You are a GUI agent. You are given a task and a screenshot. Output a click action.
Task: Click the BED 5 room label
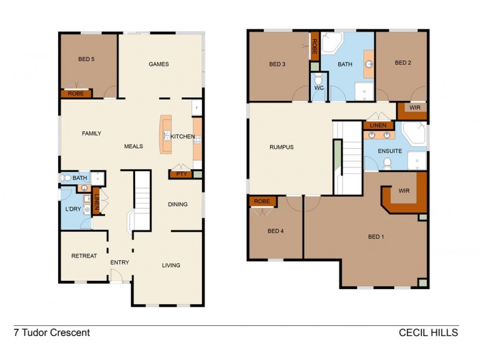pos(86,59)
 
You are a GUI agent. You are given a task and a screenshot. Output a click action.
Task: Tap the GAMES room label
pos(158,64)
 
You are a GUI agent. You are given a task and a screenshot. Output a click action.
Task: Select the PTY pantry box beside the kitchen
pos(179,174)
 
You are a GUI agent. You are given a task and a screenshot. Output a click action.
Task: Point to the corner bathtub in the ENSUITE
pos(413,133)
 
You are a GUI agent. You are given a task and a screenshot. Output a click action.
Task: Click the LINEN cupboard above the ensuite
pos(378,125)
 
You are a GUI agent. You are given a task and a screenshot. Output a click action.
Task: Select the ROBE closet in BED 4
pos(262,202)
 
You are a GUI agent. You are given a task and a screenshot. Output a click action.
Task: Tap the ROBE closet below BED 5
pos(75,94)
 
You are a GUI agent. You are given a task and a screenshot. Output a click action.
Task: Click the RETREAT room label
pos(84,256)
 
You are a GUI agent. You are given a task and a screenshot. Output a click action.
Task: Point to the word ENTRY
pos(119,262)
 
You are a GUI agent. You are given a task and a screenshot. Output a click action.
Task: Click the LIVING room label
pos(171,265)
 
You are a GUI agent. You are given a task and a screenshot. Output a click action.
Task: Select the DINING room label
pos(178,204)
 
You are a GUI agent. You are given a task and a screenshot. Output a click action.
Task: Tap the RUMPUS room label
pos(281,147)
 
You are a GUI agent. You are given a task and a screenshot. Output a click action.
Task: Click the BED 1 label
pos(376,236)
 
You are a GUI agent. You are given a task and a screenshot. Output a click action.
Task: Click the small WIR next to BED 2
pos(415,108)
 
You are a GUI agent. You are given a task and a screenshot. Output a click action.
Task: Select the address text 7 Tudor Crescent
pos(52,332)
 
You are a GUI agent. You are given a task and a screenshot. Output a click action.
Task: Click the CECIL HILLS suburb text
pos(428,332)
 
